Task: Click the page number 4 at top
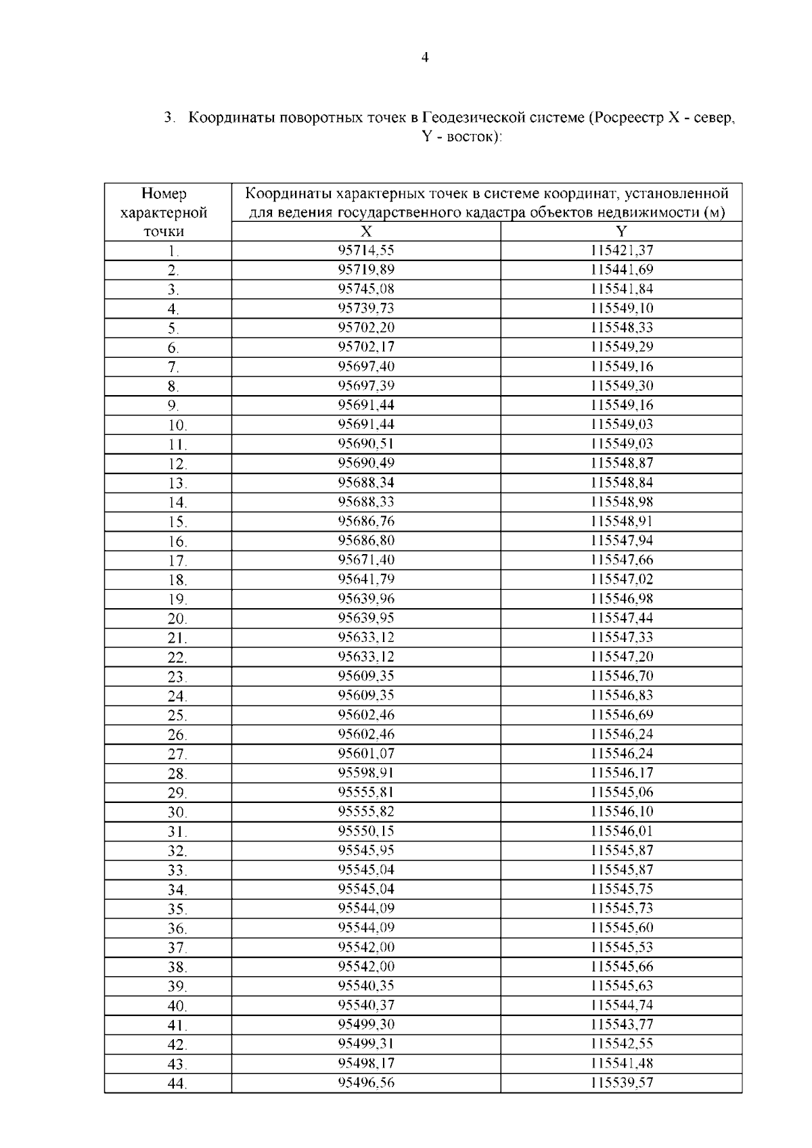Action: click(424, 58)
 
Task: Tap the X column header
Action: click(366, 231)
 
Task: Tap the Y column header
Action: click(621, 231)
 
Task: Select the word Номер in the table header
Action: click(164, 194)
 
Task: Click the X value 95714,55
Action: click(366, 250)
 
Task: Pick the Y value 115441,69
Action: click(621, 270)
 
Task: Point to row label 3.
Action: click(173, 290)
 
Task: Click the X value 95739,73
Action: click(366, 308)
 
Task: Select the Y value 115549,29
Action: click(621, 347)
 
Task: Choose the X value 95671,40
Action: click(366, 560)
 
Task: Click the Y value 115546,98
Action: click(621, 599)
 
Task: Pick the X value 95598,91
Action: click(366, 773)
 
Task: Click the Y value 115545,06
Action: click(621, 792)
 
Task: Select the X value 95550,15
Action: click(366, 831)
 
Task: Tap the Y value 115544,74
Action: click(621, 1005)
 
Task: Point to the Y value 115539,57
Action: click(621, 1082)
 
